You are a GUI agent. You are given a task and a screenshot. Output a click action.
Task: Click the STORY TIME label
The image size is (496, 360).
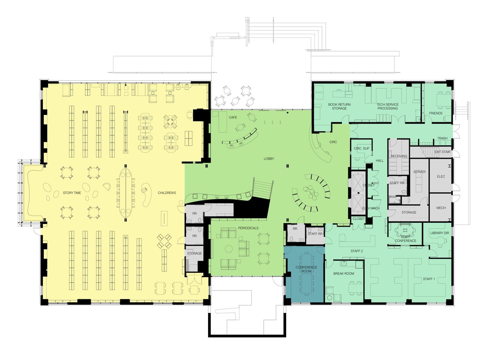72,193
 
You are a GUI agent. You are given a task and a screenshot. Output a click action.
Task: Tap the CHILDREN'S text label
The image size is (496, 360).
167,193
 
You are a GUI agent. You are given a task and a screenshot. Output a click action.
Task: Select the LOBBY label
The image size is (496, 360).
269,159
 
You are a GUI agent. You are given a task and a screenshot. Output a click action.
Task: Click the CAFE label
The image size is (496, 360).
233,118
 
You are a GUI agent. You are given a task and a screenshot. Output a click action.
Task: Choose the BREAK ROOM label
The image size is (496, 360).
343,274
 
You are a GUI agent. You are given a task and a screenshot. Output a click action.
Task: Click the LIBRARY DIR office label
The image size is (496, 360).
439,233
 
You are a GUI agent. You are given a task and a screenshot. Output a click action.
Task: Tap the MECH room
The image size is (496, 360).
441,208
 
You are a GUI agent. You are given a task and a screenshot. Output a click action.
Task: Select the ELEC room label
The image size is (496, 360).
441,177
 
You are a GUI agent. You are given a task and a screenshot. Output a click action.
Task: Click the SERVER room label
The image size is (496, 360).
419,172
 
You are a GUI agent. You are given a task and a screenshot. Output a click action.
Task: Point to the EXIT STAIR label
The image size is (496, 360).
442,152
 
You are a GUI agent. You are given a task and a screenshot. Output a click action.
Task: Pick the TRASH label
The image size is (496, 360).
442,139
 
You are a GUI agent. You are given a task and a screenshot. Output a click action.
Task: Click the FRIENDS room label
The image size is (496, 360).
436,113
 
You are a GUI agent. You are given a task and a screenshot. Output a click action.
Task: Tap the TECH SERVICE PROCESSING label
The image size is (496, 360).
387,107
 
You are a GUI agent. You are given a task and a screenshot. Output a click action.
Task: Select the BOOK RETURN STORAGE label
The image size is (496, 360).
339,107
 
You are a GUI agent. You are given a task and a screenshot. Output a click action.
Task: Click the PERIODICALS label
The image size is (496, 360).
248,228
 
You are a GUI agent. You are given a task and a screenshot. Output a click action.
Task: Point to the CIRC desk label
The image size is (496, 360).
333,142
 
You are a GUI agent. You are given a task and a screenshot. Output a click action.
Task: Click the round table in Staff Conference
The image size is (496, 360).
405,230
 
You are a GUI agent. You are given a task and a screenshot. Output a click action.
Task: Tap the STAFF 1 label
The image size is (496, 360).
429,279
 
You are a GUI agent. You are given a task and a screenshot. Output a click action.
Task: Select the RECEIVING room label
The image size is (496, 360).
399,156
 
